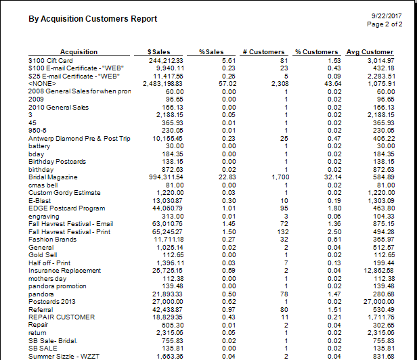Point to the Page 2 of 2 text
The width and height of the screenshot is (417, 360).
pyautogui.click(x=385, y=24)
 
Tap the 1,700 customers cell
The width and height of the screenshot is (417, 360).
pyautogui.click(x=276, y=177)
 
